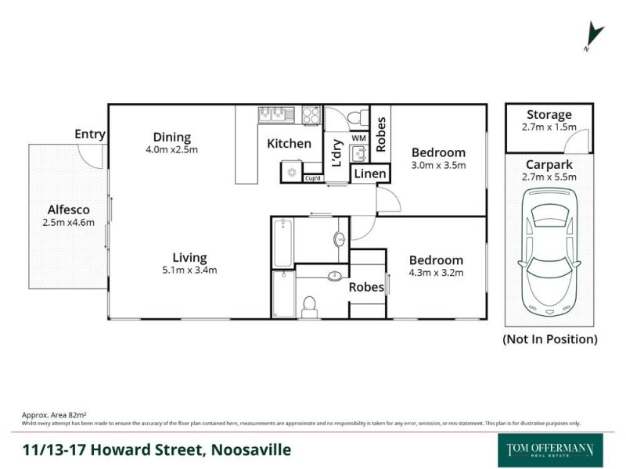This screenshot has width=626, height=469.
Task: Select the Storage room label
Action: click(549, 115)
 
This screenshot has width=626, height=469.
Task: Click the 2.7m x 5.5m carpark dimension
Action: click(549, 177)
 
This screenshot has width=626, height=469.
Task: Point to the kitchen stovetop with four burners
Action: click(311, 115)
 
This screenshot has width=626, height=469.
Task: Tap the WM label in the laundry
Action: click(358, 138)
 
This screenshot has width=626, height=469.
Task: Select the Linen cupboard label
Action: click(369, 173)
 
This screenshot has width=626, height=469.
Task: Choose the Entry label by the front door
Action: click(90, 134)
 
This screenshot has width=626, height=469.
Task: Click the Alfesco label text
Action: click(68, 209)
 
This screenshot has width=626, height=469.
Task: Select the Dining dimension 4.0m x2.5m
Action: click(171, 149)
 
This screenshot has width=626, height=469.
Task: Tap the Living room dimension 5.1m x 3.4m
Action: click(189, 270)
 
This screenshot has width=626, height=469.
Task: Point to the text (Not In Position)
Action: click(549, 339)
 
